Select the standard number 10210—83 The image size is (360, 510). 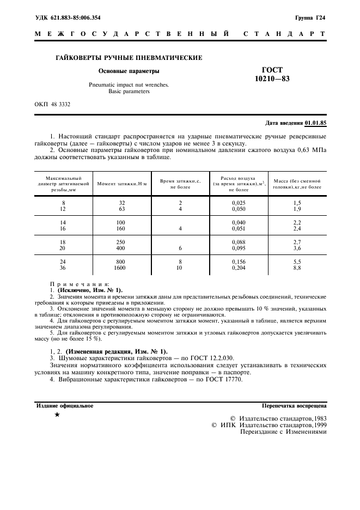pos(272,80)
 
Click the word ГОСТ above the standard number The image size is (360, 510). pos(272,70)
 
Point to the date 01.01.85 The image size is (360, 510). pos(315,123)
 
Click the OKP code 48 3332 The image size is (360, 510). pos(52,104)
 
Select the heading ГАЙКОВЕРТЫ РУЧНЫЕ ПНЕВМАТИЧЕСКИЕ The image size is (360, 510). pos(129,57)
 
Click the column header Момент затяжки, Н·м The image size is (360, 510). pos(115,185)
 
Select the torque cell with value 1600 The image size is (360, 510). pos(120,268)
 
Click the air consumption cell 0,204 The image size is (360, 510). pos(239,268)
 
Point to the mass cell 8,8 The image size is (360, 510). pos(297,268)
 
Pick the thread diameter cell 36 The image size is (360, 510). pos(63,268)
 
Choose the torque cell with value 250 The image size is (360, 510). pos(120,241)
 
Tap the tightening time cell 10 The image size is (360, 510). pos(180,268)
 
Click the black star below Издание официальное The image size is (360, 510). pos(57,415)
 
